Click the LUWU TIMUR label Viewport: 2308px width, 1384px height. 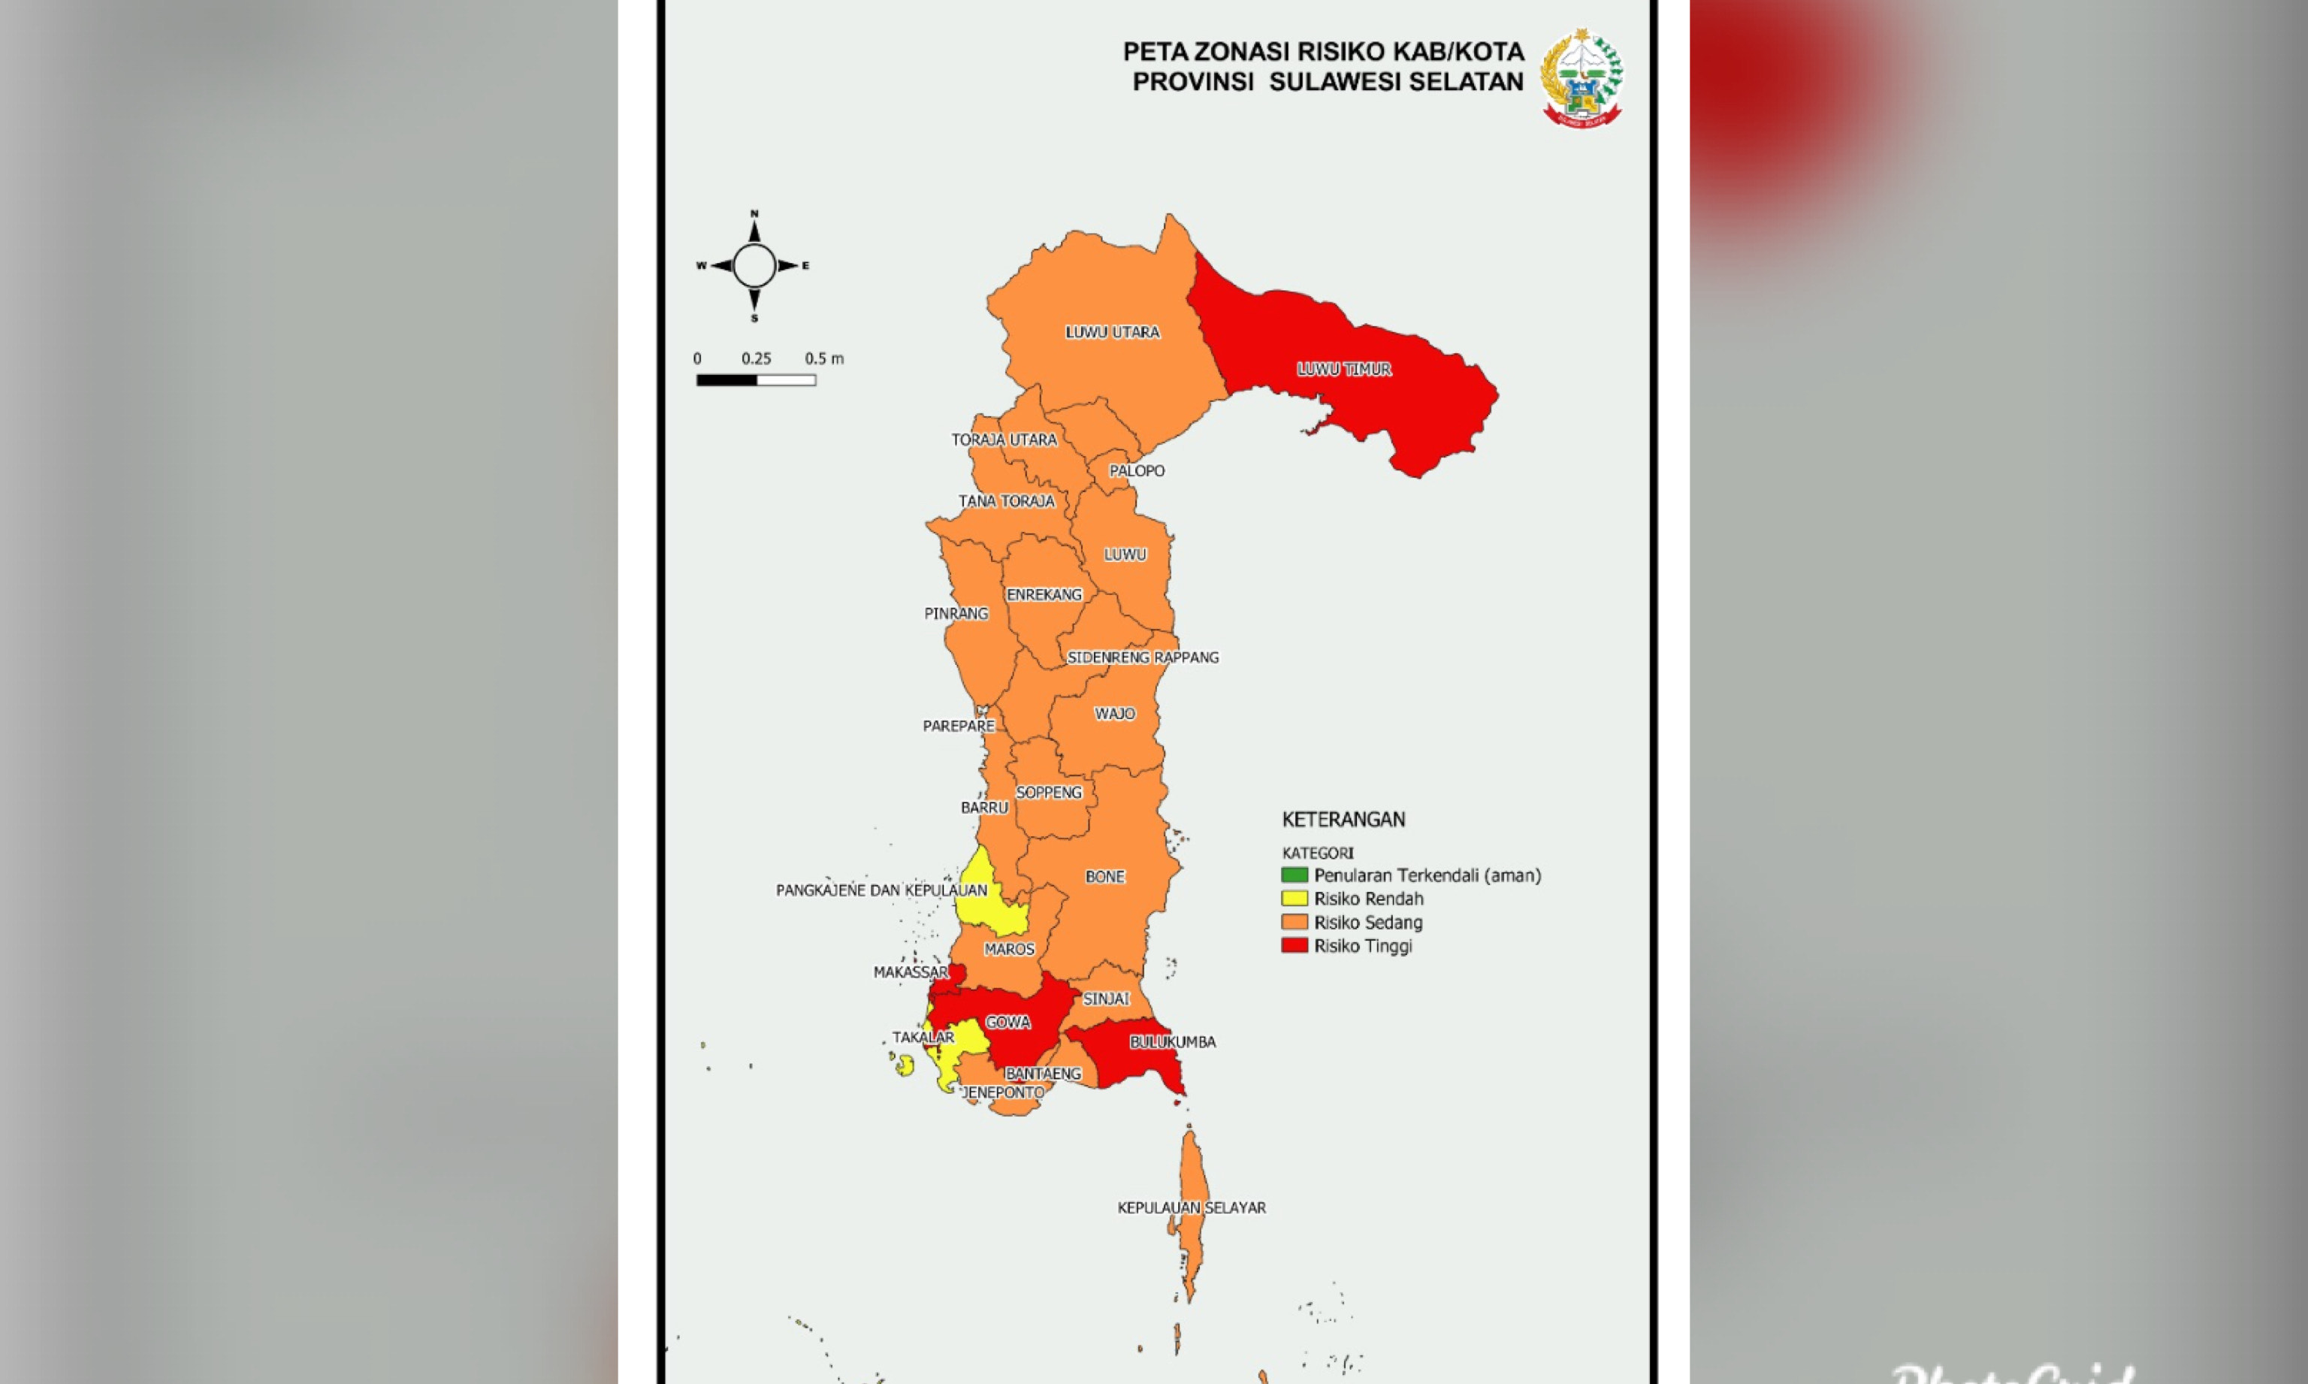pyautogui.click(x=1344, y=370)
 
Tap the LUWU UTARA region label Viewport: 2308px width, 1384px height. pyautogui.click(x=1113, y=332)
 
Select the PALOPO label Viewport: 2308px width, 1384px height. pyautogui.click(x=1136, y=471)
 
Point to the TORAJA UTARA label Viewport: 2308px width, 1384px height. pyautogui.click(x=1004, y=440)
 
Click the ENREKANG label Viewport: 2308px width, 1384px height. pyautogui.click(x=1044, y=595)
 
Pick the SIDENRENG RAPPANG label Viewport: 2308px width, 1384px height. pyautogui.click(x=1142, y=657)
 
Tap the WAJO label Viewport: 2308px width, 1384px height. pyautogui.click(x=1114, y=715)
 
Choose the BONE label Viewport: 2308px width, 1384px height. pyautogui.click(x=1105, y=877)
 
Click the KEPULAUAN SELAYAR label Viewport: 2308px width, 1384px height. pyautogui.click(x=1191, y=1207)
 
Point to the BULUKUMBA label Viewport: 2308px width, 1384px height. pyautogui.click(x=1172, y=1041)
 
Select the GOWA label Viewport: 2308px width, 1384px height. pyautogui.click(x=1008, y=1022)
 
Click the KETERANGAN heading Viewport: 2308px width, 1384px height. pyautogui.click(x=1343, y=820)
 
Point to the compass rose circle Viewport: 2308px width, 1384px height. pyautogui.click(x=754, y=266)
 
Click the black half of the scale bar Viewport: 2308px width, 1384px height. pyautogui.click(x=727, y=380)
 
